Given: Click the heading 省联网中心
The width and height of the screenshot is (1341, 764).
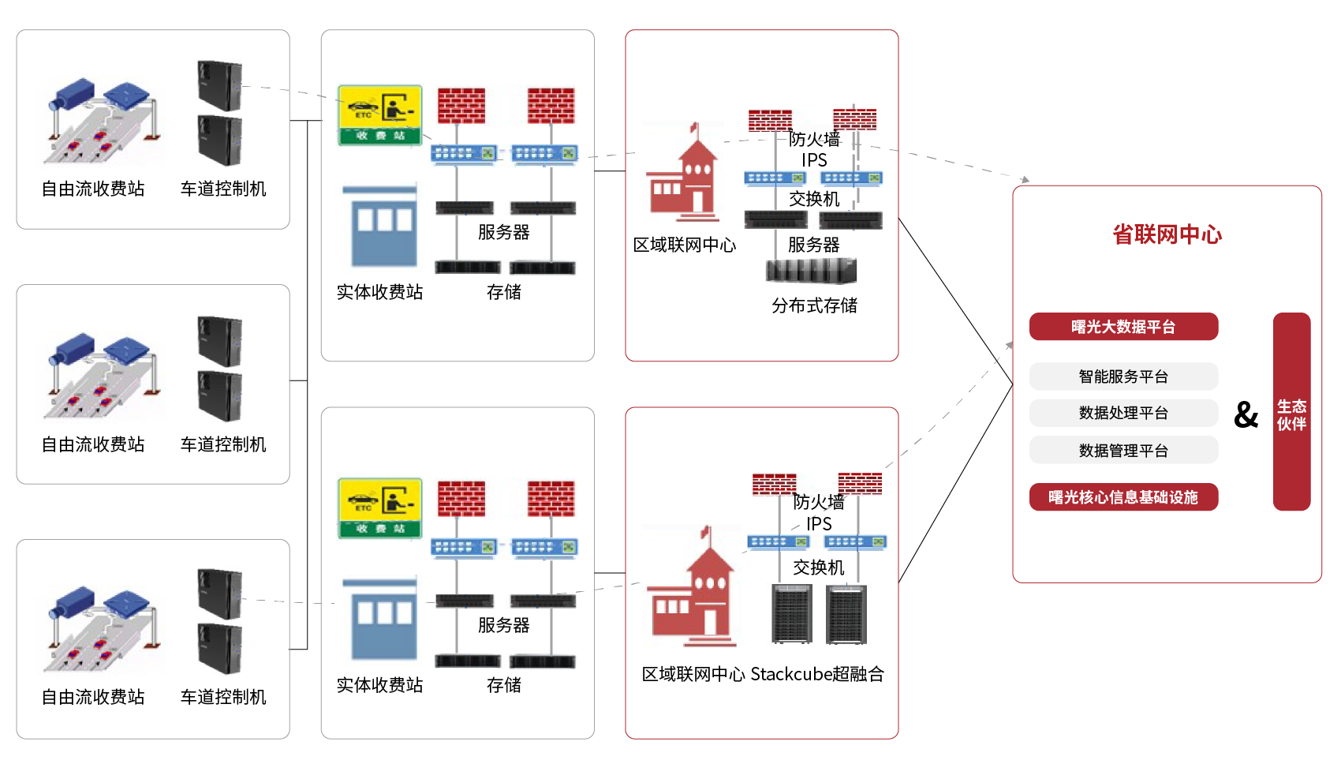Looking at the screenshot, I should (1167, 234).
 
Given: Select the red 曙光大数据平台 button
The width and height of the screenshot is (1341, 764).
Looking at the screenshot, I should (1123, 327).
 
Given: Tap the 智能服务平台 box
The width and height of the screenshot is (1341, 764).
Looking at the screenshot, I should (1123, 376).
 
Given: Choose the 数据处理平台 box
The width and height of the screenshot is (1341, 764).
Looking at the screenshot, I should (1123, 413).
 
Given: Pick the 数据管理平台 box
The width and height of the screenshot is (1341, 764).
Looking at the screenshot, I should (1123, 451).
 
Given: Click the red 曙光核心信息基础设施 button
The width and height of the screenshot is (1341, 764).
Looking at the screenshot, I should (1123, 497).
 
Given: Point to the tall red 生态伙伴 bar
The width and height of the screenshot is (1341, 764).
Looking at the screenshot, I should (1291, 412).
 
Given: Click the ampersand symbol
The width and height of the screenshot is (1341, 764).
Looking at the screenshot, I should (1246, 414).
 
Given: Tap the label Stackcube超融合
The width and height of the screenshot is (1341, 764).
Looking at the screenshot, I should (817, 674).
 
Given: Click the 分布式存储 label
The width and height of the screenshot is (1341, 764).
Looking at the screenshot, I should (814, 305).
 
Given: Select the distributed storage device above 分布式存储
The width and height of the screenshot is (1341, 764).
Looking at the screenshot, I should (811, 272).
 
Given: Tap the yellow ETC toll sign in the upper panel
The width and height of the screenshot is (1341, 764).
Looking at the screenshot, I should (379, 115).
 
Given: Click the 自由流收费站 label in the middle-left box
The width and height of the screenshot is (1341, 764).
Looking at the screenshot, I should (93, 444).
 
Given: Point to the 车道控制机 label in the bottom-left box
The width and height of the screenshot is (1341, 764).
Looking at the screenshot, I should (223, 697).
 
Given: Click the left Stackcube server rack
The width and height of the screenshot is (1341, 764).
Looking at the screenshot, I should (791, 614).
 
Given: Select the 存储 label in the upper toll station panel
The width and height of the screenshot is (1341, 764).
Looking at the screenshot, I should (503, 292).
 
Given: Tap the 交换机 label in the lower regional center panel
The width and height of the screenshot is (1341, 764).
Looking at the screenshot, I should (818, 567).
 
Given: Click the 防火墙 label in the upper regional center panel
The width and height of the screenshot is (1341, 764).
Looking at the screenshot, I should (814, 140).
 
